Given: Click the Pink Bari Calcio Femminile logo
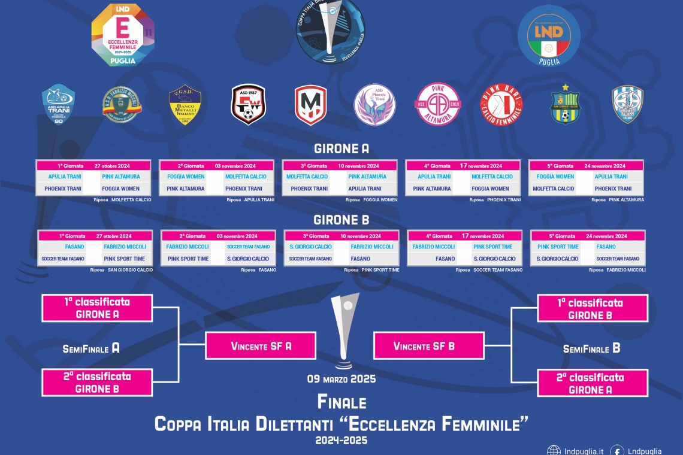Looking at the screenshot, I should coord(501,104).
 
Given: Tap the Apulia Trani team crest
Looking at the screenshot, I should coord(58,104).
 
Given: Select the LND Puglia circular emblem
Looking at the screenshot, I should coord(549,35).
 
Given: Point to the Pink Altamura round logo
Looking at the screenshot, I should coord(438,104).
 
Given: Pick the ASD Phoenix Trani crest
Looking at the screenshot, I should coord(374,104).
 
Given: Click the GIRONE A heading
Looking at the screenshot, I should coord(341,148).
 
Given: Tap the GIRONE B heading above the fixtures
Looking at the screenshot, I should coord(341,219).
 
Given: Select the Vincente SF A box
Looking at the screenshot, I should coord(261,346).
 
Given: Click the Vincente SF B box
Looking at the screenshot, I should coord(428,346).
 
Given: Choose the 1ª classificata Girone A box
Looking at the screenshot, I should coord(96,308).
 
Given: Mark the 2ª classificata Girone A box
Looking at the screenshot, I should coord(593,383).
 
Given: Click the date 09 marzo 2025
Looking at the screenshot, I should coord(341,379).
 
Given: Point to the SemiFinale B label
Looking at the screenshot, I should coord(591,348).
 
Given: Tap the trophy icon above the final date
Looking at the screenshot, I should coord(345,329).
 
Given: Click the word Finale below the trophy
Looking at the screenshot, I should coord(341,402).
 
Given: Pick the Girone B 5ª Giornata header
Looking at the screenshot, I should coord(588,236).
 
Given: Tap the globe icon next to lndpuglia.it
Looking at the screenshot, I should coord(554,451).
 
